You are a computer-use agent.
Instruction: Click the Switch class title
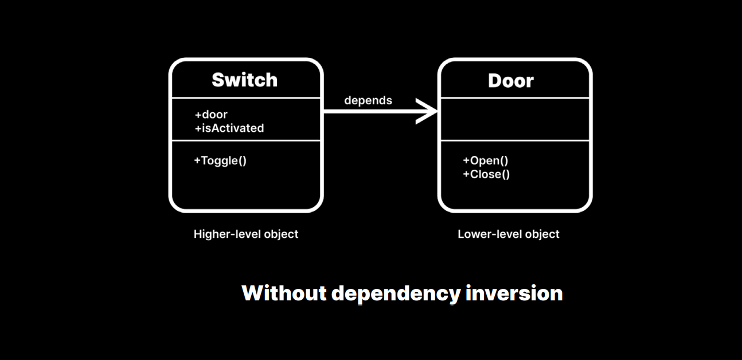coord(245,80)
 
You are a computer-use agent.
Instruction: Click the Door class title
coord(511,80)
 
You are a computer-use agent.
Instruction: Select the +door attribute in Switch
coord(211,115)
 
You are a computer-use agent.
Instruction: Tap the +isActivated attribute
coord(229,128)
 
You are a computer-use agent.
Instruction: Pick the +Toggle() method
coord(220,161)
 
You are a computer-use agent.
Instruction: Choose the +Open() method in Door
coord(485,161)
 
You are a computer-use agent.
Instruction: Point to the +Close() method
coord(486,174)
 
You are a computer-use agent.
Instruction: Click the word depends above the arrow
coord(368,100)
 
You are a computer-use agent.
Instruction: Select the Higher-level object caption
coord(246,234)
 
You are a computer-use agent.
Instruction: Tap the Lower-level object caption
coord(509,234)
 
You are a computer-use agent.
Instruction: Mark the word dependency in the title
coord(396,294)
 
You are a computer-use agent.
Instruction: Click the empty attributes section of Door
coord(514,119)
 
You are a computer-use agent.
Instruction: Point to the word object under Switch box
coord(279,234)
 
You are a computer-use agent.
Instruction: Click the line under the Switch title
coord(246,98)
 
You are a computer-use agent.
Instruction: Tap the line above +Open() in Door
coord(514,140)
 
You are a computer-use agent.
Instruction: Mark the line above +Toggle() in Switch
coord(246,140)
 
